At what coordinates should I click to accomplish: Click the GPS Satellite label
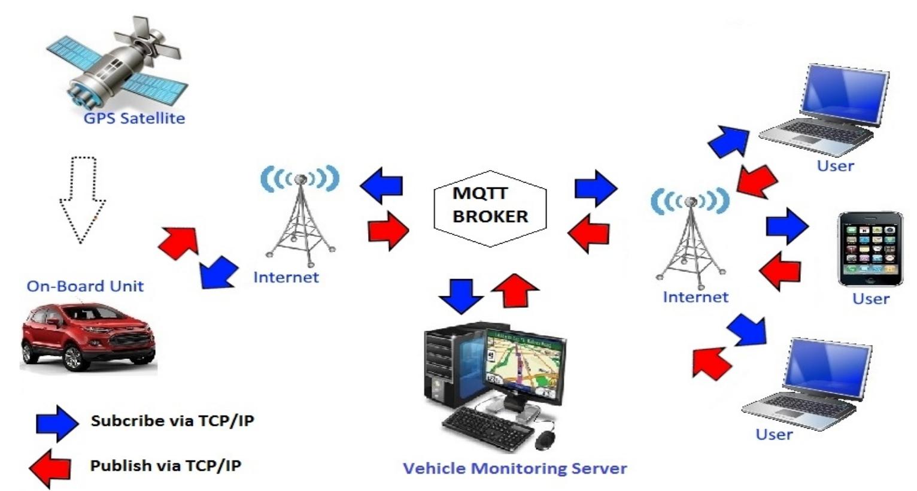click(x=134, y=118)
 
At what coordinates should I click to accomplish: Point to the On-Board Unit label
click(x=85, y=286)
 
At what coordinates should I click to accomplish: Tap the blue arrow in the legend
click(x=57, y=423)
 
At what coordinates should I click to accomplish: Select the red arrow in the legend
click(x=50, y=468)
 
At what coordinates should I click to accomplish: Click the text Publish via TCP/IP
click(x=166, y=465)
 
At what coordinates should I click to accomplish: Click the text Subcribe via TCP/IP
click(x=172, y=420)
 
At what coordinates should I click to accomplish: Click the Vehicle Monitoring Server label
click(x=514, y=468)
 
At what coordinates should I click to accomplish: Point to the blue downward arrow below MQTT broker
click(x=461, y=295)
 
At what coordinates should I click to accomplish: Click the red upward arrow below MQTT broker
click(x=515, y=290)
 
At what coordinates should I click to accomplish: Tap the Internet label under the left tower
click(x=286, y=277)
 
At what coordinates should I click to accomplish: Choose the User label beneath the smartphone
click(x=870, y=299)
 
